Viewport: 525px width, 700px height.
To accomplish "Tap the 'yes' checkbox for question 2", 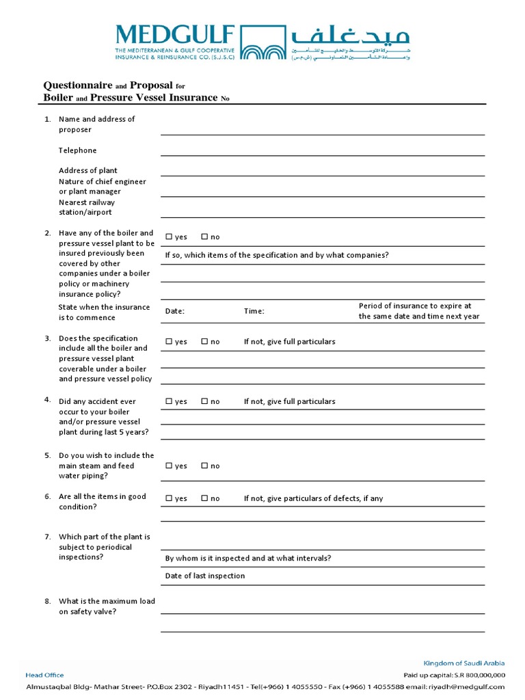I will (169, 237).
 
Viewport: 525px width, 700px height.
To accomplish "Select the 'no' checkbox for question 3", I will (204, 341).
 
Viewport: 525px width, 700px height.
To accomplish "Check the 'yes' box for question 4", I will (169, 401).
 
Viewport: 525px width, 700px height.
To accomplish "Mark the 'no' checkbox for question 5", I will (204, 466).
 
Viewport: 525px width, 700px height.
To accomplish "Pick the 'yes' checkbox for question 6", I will (169, 498).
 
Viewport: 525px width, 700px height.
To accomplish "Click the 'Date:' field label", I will (175, 311).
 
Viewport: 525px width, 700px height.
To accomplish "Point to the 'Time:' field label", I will (254, 311).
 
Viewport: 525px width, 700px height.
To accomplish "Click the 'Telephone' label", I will (77, 150).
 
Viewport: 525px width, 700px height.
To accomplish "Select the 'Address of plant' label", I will (87, 171).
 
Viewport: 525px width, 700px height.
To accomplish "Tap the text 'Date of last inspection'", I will (204, 576).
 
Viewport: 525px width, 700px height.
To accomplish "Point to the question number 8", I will (48, 602).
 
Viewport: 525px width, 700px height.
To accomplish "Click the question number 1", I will (48, 119).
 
